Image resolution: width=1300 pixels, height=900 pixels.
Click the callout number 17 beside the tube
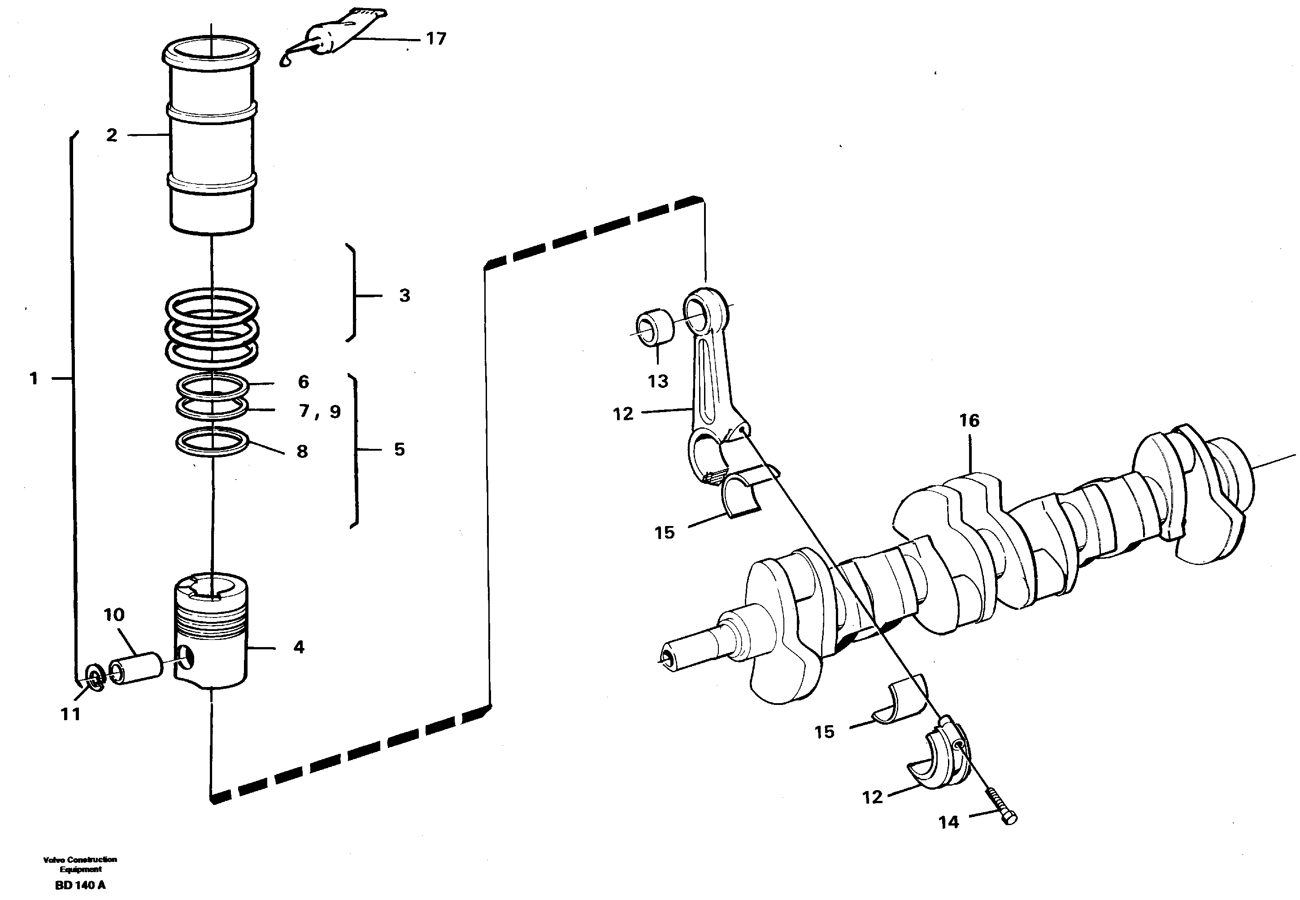point(436,39)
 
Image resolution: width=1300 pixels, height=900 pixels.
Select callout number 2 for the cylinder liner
point(112,135)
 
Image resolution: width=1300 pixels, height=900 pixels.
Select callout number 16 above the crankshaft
point(969,421)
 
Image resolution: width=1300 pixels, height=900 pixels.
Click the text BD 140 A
point(80,885)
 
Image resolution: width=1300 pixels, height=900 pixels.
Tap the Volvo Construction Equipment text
point(80,864)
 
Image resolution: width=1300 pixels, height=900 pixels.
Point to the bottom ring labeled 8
point(212,442)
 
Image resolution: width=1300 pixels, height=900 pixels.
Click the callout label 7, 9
point(320,411)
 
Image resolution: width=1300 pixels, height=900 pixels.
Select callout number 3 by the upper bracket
point(404,296)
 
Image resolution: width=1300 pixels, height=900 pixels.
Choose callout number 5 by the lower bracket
point(399,449)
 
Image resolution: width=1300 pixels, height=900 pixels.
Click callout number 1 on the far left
point(34,378)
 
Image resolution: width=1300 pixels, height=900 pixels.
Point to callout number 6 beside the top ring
point(303,383)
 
